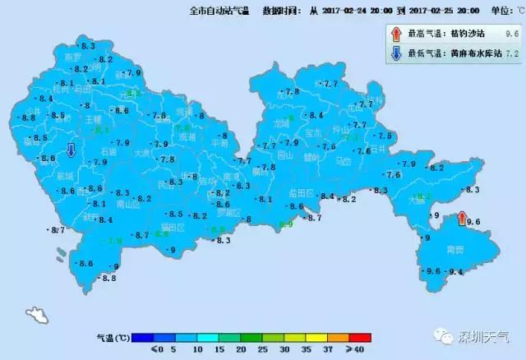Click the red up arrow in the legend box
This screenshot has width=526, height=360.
pos(396,34)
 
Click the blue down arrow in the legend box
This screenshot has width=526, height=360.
pos(396,54)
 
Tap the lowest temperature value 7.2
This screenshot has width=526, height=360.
pos(512,54)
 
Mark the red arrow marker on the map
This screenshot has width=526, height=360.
pos(459,220)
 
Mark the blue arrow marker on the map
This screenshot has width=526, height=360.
pos(72,150)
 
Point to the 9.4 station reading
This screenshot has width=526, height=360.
pos(457,271)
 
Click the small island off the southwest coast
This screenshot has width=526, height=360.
pos(35,315)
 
